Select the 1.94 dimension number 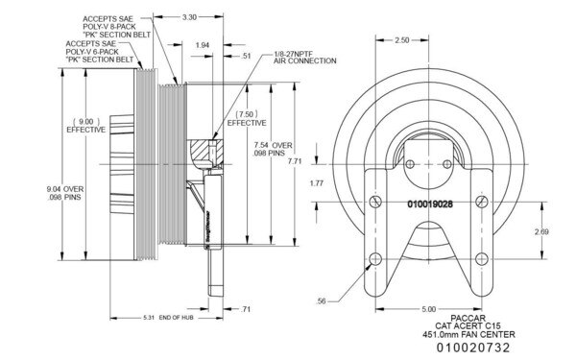coord(202,44)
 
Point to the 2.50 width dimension coord(402,40)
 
